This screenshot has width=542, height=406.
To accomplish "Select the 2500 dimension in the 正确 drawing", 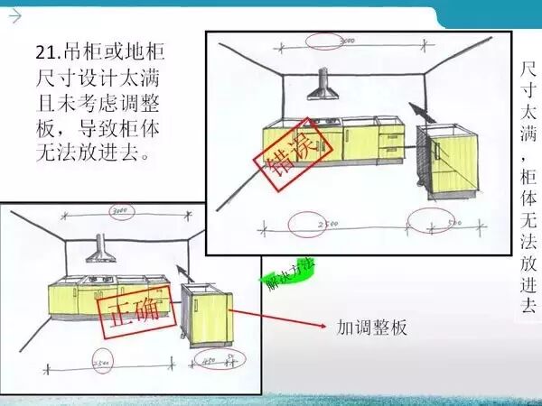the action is coord(102,365).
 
